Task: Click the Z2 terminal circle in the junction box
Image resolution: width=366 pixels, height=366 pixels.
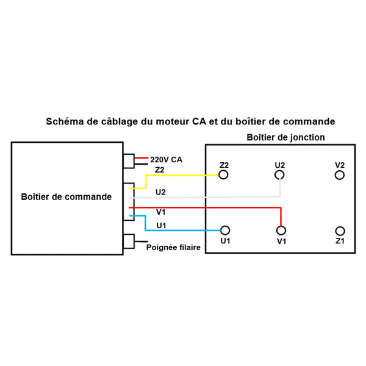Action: coord(224,175)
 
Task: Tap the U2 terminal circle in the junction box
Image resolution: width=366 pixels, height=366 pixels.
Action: coord(280,175)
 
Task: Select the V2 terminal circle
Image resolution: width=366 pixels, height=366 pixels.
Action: coord(340,175)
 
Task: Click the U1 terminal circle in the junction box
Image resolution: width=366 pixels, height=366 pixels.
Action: coord(225,230)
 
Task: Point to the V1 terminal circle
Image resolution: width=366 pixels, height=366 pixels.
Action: coord(281,230)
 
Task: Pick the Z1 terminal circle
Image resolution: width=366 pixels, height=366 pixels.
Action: coord(340,231)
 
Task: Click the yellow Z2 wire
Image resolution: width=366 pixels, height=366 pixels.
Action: coord(183,175)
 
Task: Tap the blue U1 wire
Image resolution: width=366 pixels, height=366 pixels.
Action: coord(183,230)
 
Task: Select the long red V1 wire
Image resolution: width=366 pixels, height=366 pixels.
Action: coord(207,207)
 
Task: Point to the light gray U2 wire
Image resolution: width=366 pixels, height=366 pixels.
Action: coord(207,197)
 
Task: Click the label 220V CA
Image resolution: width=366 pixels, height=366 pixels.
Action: coord(166,160)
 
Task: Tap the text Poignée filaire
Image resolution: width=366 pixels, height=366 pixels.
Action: coord(173,248)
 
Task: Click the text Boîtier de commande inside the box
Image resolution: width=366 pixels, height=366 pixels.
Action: coord(66,197)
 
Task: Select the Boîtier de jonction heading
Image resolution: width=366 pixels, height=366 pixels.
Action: coord(285,138)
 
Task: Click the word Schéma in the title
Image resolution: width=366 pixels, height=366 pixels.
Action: coord(65,121)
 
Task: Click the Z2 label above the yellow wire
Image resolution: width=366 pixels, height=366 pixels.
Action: coord(160,169)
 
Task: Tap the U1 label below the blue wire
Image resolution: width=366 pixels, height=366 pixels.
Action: coord(161,225)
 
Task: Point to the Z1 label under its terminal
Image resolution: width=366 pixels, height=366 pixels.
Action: coord(340,242)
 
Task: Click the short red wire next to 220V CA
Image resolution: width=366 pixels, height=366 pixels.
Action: coord(142,157)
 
